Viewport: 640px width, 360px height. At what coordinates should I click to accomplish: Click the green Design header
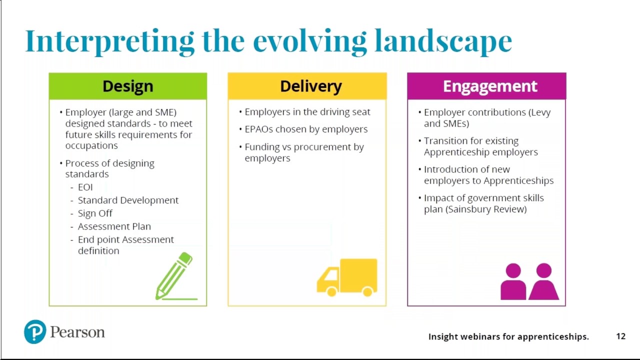coord(127,86)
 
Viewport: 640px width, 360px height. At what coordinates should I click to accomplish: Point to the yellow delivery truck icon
coord(347,277)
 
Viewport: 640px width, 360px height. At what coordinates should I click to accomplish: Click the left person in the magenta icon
coord(513,282)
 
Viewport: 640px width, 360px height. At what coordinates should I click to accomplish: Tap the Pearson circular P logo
coord(35,332)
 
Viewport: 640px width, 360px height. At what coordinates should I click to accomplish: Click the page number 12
coord(620,336)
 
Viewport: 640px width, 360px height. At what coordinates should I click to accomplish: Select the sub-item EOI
coord(85,187)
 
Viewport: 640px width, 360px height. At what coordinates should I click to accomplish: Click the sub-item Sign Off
coord(95,213)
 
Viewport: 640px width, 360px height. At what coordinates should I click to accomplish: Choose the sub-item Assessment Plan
coord(114,226)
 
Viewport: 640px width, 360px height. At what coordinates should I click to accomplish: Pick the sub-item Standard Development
coord(128,200)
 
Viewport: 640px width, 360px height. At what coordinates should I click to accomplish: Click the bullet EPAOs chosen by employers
coord(305,129)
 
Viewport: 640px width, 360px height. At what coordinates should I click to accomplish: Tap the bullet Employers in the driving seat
coord(307,112)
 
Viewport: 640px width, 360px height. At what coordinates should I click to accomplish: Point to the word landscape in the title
coord(443,41)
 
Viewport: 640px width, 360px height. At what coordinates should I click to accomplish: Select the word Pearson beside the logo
coord(77,332)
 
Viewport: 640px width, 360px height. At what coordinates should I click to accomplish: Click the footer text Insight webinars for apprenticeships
coord(508,336)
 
